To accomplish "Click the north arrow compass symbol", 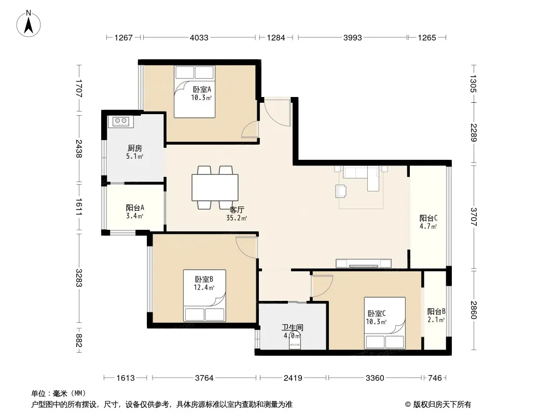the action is (29, 24).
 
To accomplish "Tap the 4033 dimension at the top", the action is (199, 38).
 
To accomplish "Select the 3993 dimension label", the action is (353, 38).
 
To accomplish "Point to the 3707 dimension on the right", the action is (473, 217).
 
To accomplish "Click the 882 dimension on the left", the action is (79, 341).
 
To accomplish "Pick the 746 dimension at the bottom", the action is (435, 378).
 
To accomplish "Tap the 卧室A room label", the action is (202, 90).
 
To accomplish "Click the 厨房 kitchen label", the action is (135, 148).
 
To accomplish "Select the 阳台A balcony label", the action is (135, 208).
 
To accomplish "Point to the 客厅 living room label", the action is (237, 210).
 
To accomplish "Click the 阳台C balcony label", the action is (428, 218).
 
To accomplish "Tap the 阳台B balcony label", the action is (436, 312).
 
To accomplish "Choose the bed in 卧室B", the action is (204, 296).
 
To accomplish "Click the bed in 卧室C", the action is (385, 323).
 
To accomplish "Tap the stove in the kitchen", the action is (121, 121).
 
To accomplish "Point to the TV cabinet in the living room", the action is (364, 264).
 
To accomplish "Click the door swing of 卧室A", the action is (250, 129).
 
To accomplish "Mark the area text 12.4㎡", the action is (204, 288).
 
